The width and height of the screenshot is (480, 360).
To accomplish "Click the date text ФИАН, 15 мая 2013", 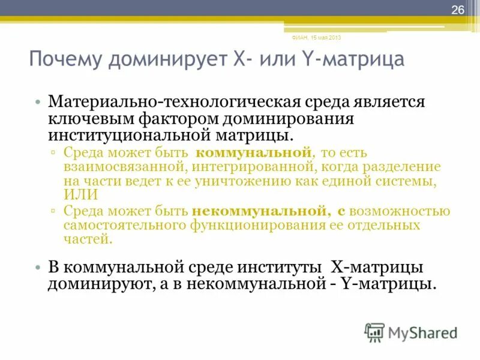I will pyautogui.click(x=316, y=38).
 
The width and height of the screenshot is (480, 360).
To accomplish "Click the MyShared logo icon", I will pyautogui.click(x=374, y=332).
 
